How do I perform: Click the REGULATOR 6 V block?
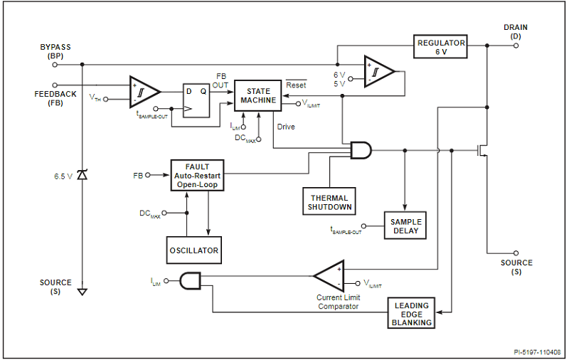point(442,47)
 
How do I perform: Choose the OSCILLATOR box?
point(194,250)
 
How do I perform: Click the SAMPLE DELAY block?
point(405,226)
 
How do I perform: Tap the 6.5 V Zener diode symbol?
point(83,174)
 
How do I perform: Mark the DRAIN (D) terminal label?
point(516,31)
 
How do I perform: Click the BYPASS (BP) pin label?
point(55,51)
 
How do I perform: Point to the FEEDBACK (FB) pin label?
point(55,98)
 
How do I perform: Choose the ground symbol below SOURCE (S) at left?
point(83,291)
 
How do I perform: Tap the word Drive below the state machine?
point(286,127)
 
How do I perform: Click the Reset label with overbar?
point(296,85)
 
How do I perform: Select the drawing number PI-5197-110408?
point(538,351)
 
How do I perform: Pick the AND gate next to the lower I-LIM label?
point(190,281)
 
